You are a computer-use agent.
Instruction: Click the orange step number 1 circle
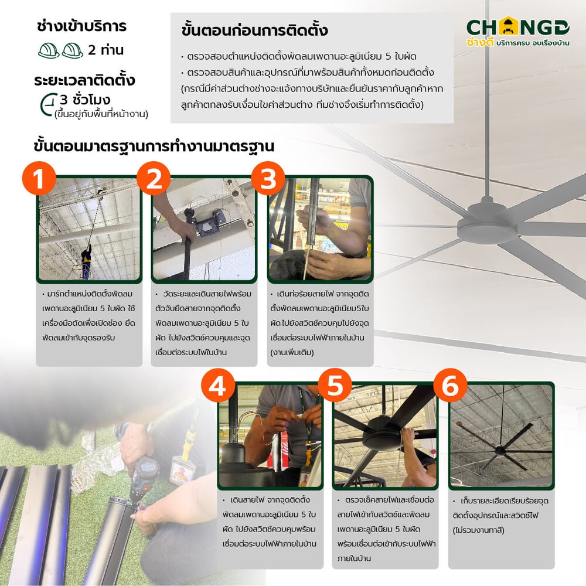pyautogui.click(x=39, y=178)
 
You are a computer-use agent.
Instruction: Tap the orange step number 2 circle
pyautogui.click(x=154, y=178)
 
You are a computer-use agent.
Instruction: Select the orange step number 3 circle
pyautogui.click(x=268, y=178)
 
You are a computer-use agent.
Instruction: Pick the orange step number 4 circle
pyautogui.click(x=218, y=385)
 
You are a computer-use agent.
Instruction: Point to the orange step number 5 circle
pyautogui.click(x=335, y=385)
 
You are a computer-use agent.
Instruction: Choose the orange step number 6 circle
pyautogui.click(x=450, y=385)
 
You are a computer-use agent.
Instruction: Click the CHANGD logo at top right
pyautogui.click(x=518, y=32)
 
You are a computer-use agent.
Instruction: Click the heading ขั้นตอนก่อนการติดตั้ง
pyautogui.click(x=254, y=30)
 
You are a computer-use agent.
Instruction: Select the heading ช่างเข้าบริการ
pyautogui.click(x=82, y=26)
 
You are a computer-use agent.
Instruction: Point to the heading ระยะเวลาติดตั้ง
pyautogui.click(x=84, y=80)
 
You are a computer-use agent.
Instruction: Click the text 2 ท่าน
pyautogui.click(x=105, y=50)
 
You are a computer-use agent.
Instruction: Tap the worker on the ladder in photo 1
pyautogui.click(x=86, y=261)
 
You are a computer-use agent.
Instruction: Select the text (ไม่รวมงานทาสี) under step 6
pyautogui.click(x=478, y=530)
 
